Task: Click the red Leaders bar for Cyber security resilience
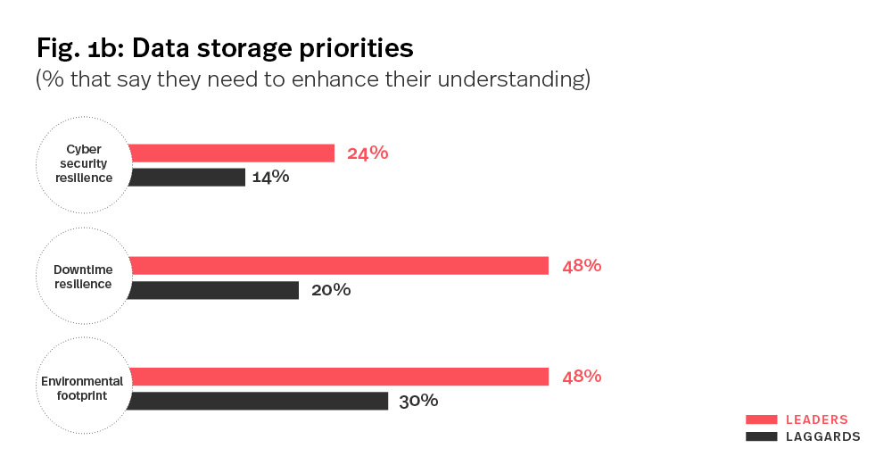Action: (232, 153)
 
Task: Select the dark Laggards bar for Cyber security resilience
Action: (187, 177)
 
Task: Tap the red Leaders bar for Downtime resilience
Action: (339, 265)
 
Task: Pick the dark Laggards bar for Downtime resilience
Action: (214, 290)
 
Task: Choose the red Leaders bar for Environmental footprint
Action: (339, 377)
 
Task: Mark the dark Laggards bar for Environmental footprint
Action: (259, 401)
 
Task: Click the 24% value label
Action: (368, 153)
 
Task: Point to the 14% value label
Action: (270, 177)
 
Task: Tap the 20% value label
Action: (331, 290)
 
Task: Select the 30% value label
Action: (418, 401)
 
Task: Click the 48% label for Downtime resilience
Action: (582, 265)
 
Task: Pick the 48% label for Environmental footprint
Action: (582, 377)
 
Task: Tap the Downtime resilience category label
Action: (83, 277)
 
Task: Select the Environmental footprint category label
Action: (82, 387)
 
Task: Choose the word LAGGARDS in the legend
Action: (822, 436)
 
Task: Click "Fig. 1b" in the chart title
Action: (77, 46)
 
